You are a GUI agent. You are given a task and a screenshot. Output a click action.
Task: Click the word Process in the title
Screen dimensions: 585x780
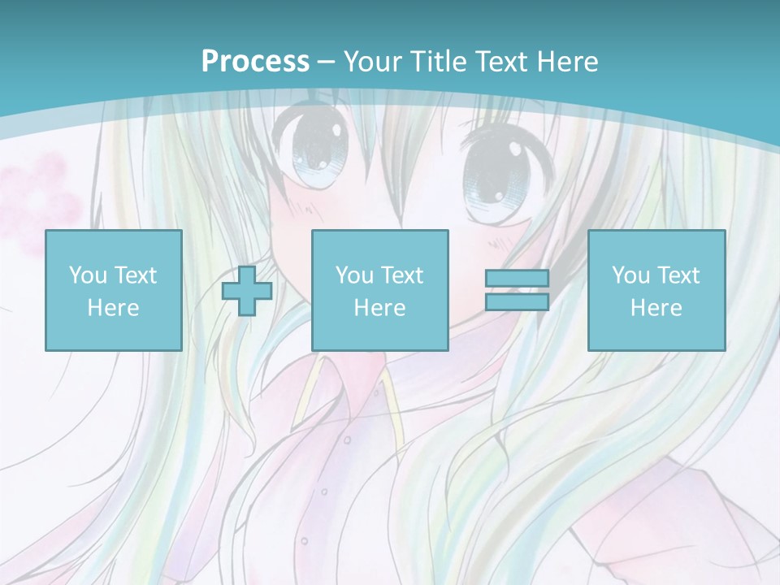coord(255,62)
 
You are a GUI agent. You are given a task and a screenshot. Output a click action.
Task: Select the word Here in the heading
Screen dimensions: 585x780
coord(566,62)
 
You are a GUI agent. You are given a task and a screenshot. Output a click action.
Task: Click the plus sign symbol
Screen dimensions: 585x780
coord(247,291)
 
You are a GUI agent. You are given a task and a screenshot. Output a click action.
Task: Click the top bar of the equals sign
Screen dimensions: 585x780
coord(517,279)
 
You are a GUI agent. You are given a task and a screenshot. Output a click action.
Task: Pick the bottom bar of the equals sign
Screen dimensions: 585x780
coord(517,302)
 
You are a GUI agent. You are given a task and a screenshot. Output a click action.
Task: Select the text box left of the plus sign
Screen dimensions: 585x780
coord(114,290)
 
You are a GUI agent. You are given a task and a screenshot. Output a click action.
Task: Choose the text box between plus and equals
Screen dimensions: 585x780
coord(379,290)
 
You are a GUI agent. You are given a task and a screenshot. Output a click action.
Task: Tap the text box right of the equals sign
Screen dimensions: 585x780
coord(656,290)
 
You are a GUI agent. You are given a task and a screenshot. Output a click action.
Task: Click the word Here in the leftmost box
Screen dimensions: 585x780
coord(114,308)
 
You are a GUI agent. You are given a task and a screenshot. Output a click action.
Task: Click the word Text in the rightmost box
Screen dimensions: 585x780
coord(680,275)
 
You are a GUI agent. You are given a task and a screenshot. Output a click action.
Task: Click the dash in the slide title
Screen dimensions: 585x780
coord(327,63)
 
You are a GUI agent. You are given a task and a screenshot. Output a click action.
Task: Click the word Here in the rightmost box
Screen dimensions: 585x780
coord(656,308)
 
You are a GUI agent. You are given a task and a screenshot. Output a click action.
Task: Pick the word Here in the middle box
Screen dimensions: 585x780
coord(379,308)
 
